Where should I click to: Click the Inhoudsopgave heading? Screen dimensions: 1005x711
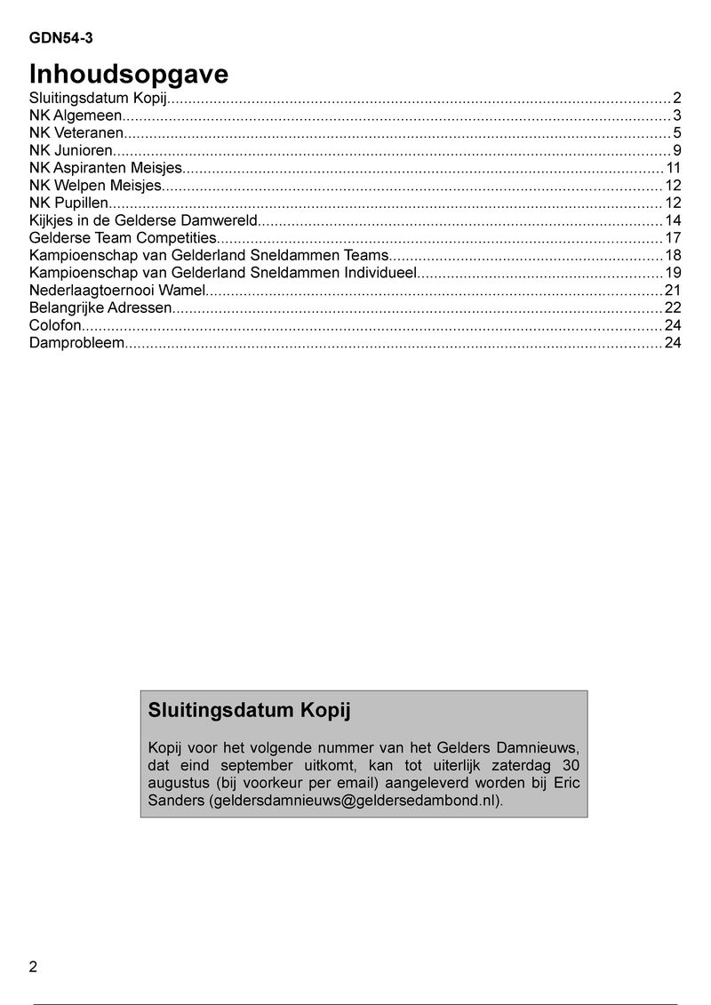129,74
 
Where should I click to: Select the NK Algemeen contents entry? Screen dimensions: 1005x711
75,116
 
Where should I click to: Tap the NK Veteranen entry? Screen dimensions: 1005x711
76,132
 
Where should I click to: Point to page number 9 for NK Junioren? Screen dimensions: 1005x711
676,150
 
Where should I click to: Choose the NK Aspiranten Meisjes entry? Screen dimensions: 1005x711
106,168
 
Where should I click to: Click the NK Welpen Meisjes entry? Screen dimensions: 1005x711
96,185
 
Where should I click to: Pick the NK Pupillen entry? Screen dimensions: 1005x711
69,203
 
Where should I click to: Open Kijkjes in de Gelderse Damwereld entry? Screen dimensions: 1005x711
143,220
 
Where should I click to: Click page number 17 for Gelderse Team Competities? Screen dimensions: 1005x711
673,237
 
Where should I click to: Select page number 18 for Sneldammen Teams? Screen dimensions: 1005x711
673,255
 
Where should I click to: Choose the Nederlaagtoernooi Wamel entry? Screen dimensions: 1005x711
117,291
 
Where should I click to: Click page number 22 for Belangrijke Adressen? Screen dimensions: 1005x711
673,307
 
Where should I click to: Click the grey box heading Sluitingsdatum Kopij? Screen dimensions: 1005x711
250,711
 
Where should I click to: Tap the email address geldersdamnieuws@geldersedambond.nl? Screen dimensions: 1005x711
355,801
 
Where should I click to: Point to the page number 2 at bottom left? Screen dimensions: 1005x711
34,968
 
